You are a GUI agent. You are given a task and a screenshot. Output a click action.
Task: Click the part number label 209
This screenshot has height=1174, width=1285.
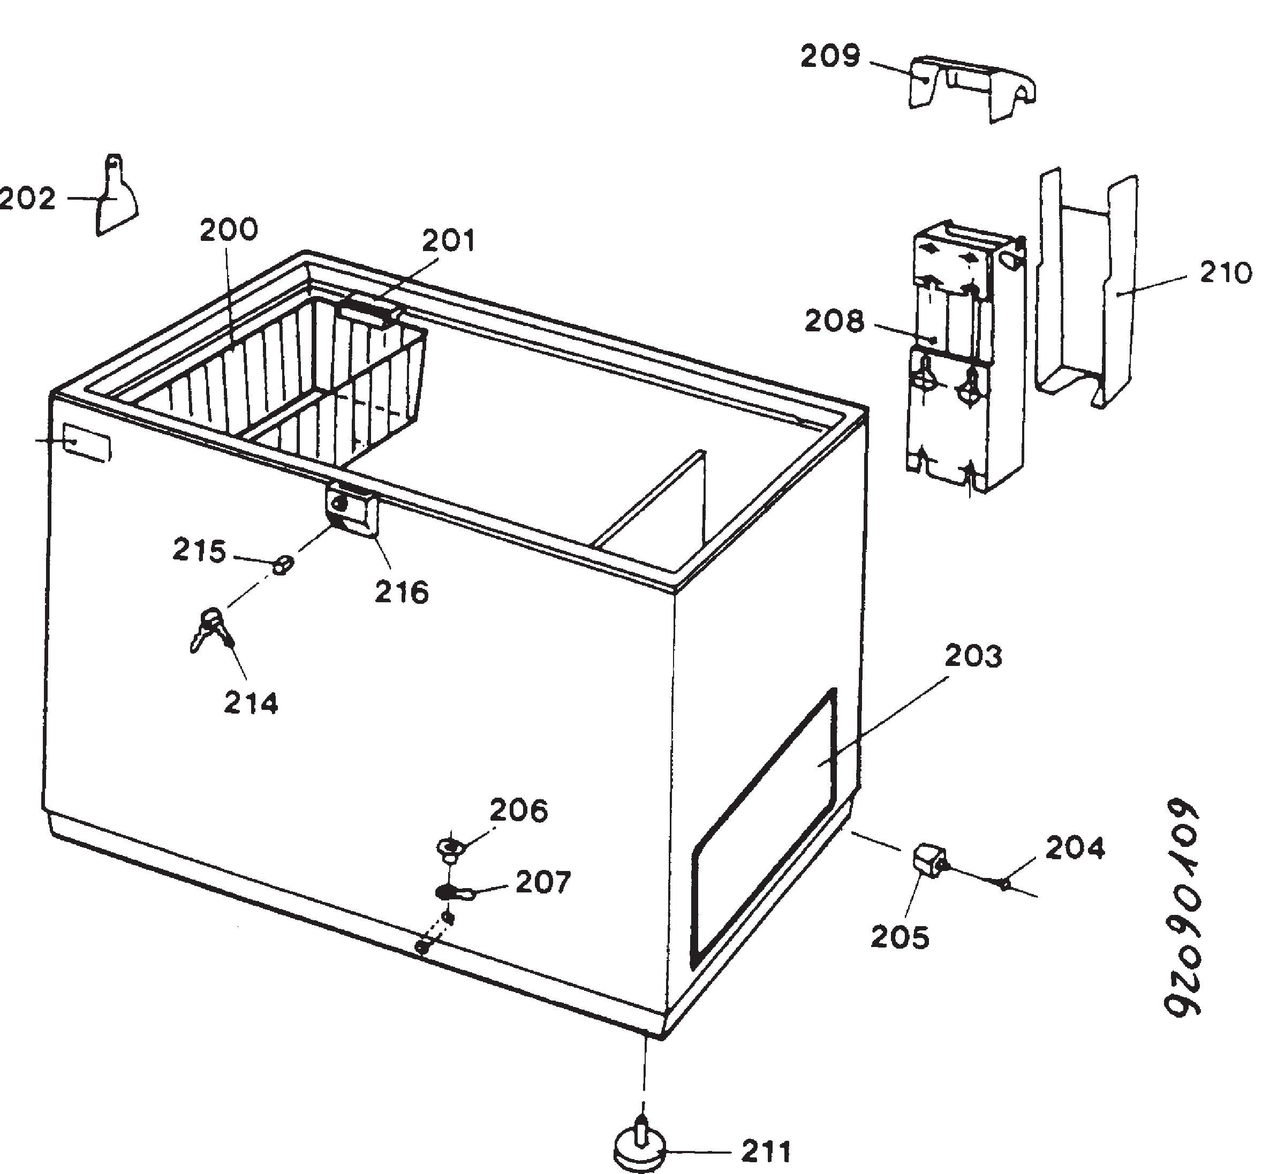click(x=830, y=57)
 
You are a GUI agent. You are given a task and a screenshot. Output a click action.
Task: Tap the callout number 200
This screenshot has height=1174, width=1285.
click(x=229, y=230)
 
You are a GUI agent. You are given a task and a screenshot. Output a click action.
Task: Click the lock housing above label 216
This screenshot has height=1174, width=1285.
click(x=351, y=509)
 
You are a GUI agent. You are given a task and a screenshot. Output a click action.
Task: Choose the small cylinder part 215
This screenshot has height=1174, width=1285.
click(x=283, y=564)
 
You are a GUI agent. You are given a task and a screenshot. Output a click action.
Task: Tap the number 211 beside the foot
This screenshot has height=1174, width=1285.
click(x=766, y=1152)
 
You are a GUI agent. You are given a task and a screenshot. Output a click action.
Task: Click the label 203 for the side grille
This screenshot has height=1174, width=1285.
click(x=973, y=656)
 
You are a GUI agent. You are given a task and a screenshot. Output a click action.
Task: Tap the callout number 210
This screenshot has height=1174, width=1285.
click(x=1226, y=273)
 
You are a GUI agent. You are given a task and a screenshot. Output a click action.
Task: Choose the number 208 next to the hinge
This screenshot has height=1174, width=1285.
click(x=834, y=321)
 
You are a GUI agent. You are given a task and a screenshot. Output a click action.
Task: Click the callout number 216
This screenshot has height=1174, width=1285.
click(x=402, y=593)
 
